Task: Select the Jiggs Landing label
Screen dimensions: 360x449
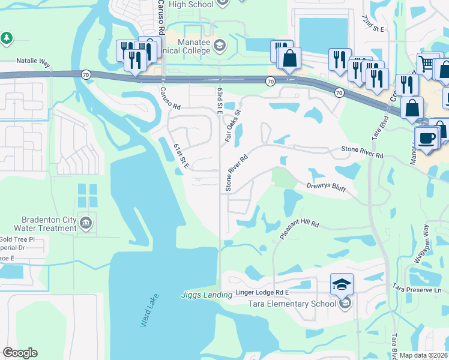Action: point(206,295)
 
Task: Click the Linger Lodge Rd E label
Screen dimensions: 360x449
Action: point(262,292)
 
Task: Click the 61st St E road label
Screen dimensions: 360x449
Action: point(181,157)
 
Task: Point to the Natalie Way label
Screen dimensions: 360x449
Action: point(35,61)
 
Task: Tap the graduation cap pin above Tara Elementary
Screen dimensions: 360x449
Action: point(342,283)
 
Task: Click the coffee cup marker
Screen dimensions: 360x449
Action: point(427,139)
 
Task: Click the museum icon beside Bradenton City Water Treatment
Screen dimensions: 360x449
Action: point(86,224)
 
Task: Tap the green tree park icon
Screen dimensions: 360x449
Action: point(7,38)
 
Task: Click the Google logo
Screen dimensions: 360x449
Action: point(20,353)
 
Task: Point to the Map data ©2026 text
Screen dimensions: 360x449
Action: point(424,355)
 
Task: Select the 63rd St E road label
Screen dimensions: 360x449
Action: point(220,101)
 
